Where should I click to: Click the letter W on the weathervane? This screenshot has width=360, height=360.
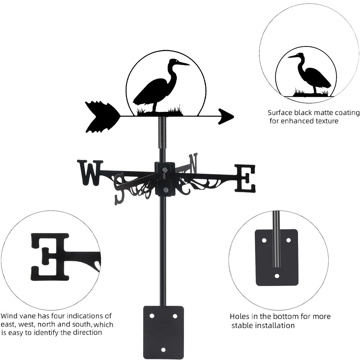tap(90, 172)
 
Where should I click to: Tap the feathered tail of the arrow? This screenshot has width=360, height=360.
tap(101, 116)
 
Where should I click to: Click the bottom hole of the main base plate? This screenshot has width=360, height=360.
tap(163, 350)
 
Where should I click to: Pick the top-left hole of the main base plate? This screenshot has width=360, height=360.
tap(152, 316)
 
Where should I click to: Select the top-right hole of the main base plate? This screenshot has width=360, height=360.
tap(175, 316)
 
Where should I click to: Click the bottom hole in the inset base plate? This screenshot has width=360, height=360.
tap(277, 276)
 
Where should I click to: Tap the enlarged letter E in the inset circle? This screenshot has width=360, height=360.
tap(50, 256)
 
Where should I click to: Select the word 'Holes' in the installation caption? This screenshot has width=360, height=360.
tap(240, 317)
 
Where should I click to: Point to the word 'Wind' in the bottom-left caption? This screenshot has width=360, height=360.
tap(8, 316)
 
